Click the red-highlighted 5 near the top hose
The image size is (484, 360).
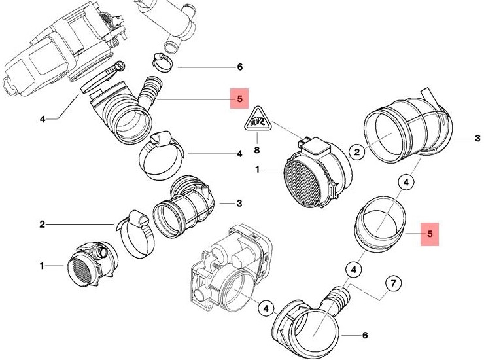click(239, 100)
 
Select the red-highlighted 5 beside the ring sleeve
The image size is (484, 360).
click(429, 232)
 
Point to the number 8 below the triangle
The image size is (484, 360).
click(257, 150)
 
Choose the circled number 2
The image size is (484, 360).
click(357, 152)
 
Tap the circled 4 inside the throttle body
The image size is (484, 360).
click(265, 306)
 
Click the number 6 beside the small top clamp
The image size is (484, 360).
click(239, 67)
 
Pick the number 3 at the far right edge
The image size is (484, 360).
click(477, 138)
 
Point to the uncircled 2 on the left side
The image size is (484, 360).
click(42, 225)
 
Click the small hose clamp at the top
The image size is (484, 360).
click(162, 63)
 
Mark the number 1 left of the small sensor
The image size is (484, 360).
click(42, 266)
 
